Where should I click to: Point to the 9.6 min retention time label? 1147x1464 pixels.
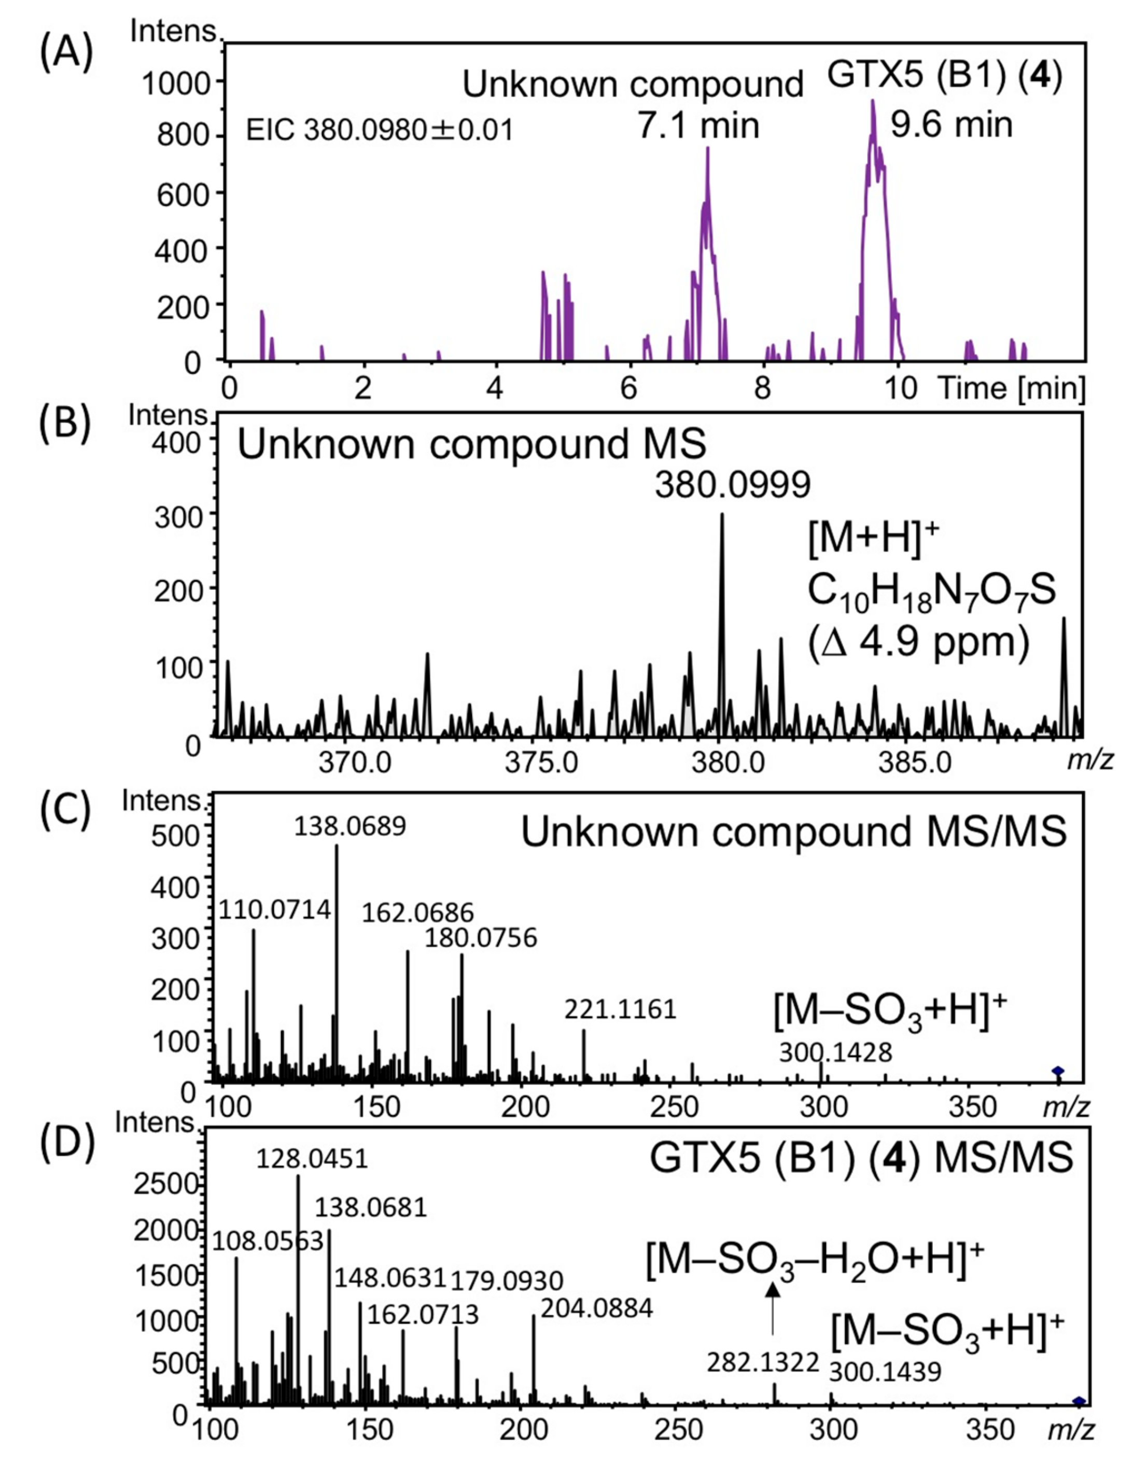coord(951,125)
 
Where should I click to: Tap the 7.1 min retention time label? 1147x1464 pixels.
coord(698,125)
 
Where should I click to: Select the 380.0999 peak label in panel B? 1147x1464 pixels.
coord(733,485)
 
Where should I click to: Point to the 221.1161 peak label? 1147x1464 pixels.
coord(620,1009)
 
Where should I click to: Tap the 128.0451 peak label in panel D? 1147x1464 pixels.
coord(312,1159)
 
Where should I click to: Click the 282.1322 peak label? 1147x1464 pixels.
coord(763,1363)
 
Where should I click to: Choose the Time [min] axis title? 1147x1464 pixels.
coord(1011,389)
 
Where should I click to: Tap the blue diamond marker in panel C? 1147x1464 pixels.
coord(1058,1071)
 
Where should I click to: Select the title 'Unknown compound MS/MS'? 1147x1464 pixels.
coord(794,833)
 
